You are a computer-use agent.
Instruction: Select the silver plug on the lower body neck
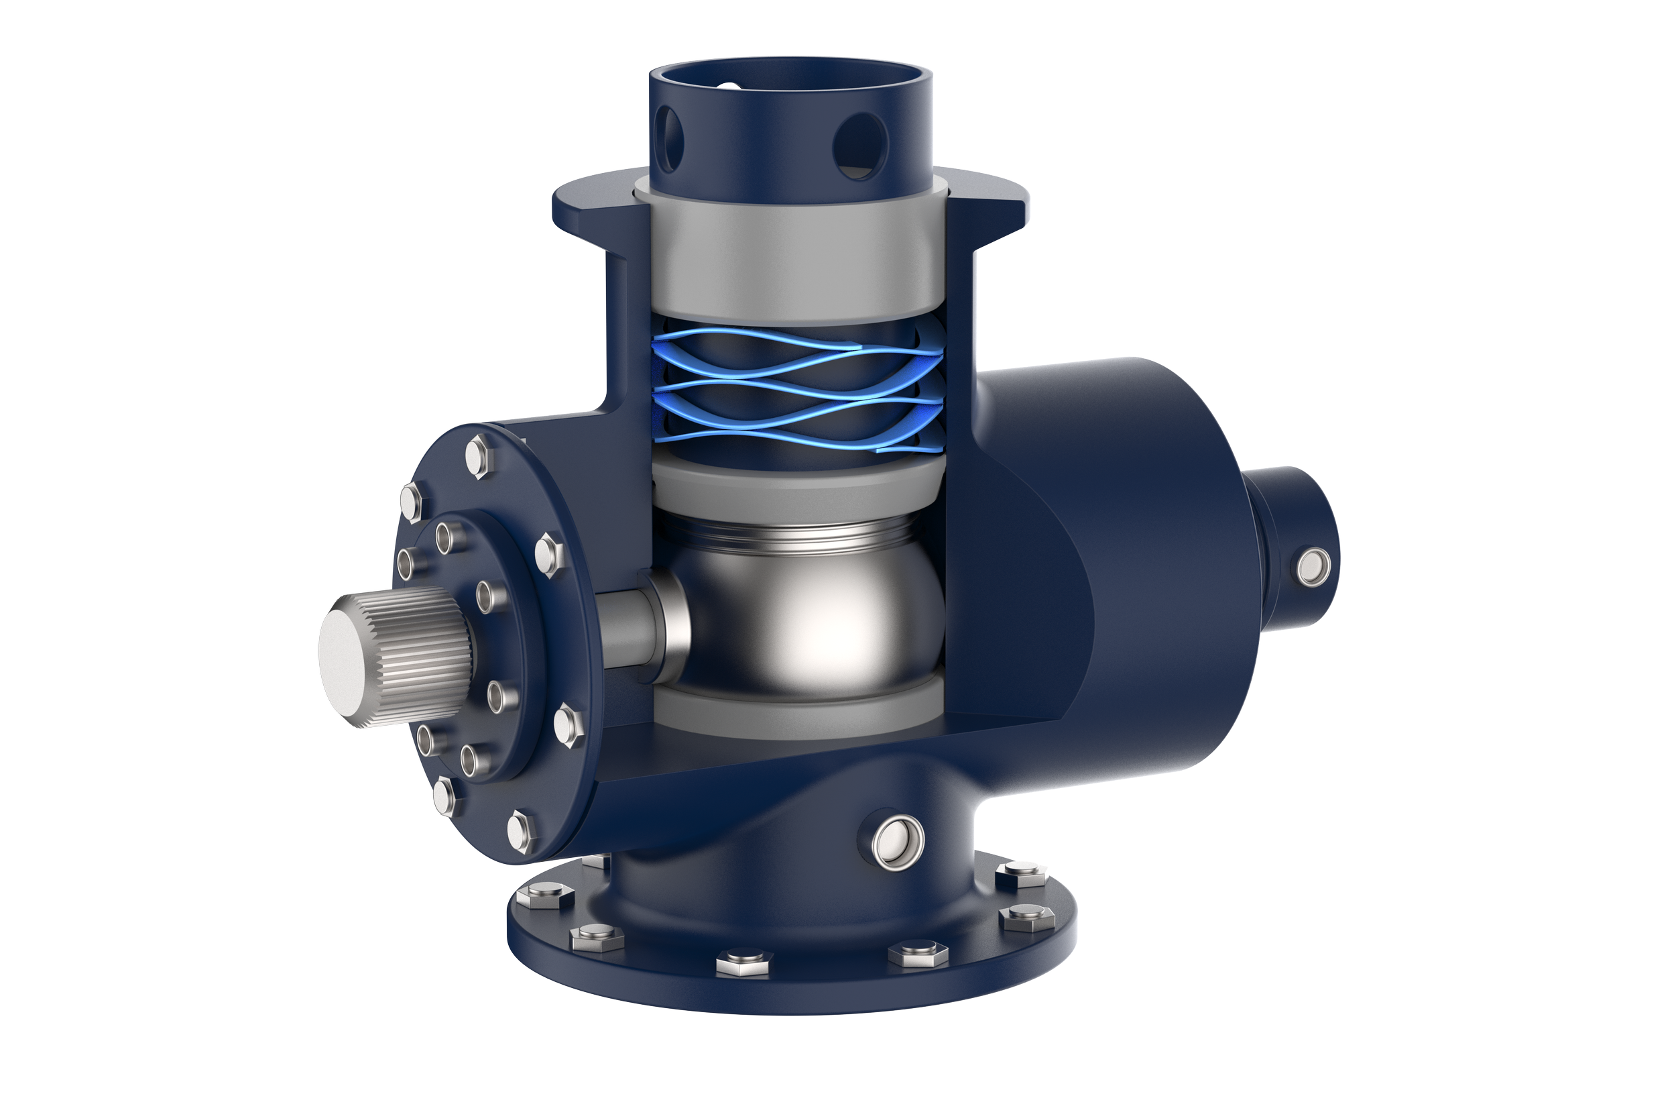point(898,841)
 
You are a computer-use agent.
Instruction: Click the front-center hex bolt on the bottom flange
point(743,962)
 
